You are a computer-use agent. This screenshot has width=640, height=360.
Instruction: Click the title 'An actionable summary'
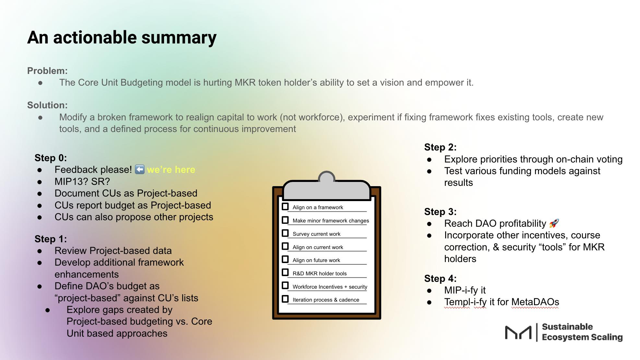point(122,38)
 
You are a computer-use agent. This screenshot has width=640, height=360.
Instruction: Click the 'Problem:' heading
point(47,71)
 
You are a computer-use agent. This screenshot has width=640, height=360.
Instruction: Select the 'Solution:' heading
point(47,105)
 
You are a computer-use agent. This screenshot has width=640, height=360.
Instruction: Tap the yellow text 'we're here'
point(171,170)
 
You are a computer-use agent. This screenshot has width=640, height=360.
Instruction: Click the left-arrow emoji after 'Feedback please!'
point(139,169)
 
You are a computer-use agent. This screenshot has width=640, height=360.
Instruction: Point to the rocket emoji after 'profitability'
point(554,223)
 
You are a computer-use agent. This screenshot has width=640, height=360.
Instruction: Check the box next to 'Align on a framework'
point(285,207)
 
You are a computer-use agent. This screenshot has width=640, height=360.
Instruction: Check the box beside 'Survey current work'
point(285,233)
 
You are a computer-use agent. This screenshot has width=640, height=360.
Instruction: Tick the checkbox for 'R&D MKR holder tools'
point(285,272)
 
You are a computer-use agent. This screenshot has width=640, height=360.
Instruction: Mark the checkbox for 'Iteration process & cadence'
point(285,299)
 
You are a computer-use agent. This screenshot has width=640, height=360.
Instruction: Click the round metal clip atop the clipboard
point(326,178)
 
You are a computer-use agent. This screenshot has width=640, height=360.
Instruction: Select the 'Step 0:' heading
point(51,158)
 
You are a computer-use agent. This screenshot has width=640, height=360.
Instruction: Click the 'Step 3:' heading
point(440,212)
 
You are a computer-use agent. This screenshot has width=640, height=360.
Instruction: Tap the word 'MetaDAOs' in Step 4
point(535,302)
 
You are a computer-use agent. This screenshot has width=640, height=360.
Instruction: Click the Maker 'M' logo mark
point(518,332)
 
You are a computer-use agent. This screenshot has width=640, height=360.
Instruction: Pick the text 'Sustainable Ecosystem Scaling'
point(582,332)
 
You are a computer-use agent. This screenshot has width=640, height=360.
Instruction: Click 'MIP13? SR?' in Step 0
point(82,181)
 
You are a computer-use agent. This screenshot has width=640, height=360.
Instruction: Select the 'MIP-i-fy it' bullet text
point(465,290)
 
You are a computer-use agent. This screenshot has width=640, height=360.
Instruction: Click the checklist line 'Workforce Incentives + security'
point(330,287)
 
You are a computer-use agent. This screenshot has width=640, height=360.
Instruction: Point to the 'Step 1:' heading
point(51,239)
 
